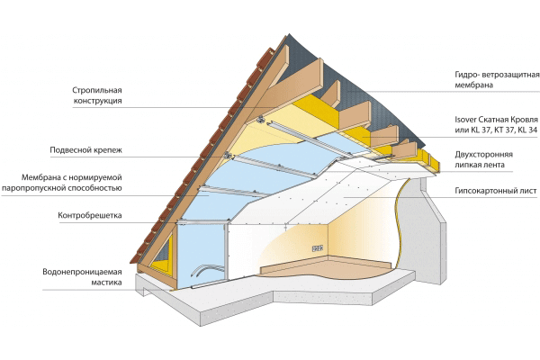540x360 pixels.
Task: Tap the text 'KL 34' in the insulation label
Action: pos(525,130)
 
